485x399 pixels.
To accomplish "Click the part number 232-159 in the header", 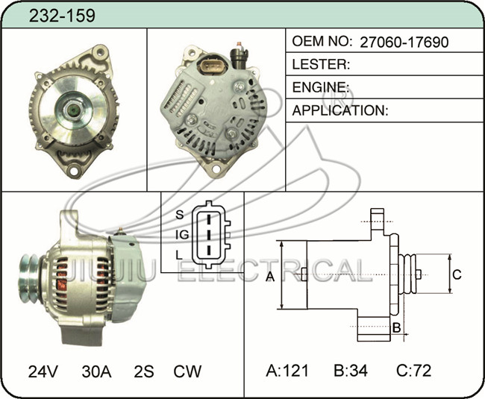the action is [62, 16].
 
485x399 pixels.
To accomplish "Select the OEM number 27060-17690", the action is [404, 42].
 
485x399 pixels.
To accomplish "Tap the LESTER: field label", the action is [321, 64].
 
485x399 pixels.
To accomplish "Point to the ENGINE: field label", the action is [320, 87].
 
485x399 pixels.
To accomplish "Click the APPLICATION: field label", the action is [340, 110].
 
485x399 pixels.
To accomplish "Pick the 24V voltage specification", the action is [43, 371].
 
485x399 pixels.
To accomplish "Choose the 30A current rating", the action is [96, 371].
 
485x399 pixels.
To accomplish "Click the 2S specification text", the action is [144, 371].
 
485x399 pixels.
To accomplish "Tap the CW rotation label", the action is [187, 371].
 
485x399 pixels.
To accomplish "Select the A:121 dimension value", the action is [287, 370].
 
